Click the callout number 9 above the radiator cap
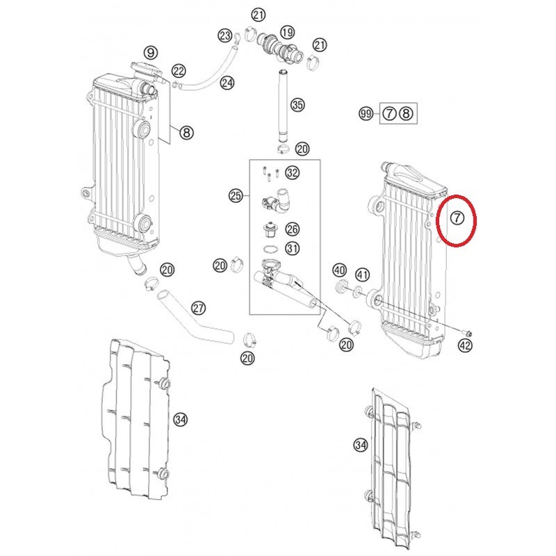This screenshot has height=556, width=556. point(151,53)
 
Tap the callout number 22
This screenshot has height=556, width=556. point(179,71)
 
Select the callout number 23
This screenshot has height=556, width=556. point(224,35)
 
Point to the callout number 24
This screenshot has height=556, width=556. point(227,83)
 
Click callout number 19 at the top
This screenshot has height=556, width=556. point(287,32)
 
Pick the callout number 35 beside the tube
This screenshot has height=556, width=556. point(297,105)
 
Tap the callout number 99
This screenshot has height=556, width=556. point(366,114)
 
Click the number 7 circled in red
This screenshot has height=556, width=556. point(457,218)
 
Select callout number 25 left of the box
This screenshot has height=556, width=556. point(236,195)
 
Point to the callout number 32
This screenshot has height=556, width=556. point(293,172)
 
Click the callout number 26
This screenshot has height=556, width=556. point(292,229)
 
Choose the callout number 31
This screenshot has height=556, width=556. point(292,248)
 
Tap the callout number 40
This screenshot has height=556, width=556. point(339,270)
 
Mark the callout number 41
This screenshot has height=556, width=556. point(362,275)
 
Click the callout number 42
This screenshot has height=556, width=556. point(465,345)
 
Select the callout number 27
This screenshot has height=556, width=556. point(198,308)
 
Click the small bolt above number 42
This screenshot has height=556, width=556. point(467,332)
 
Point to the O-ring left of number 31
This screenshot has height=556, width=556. point(271,248)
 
